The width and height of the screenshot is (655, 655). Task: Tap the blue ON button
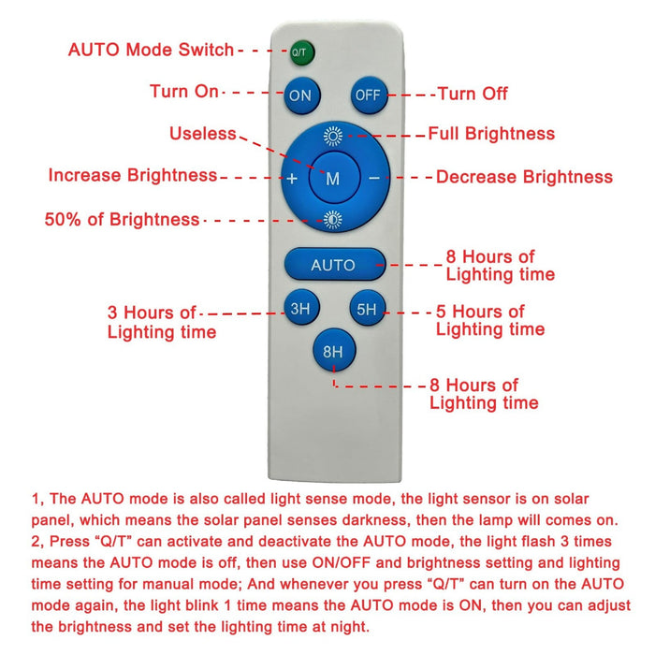[x=302, y=95]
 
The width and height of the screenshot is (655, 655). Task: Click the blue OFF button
[x=370, y=95]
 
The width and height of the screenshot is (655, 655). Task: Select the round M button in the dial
[x=334, y=177]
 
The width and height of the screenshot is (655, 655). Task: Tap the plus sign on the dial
[x=292, y=179]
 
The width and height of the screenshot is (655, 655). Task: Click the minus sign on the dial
[x=374, y=179]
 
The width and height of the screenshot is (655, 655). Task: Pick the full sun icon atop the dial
[x=333, y=136]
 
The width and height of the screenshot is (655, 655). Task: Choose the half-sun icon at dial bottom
[x=333, y=220]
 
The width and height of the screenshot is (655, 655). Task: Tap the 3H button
[x=301, y=308]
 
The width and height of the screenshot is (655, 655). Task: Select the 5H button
[x=367, y=308]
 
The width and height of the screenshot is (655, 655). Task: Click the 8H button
[x=334, y=350]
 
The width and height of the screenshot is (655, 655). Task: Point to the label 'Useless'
[x=203, y=134]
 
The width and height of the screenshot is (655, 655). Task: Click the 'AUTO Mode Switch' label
[x=151, y=50]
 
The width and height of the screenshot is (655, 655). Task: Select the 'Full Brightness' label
[x=491, y=134]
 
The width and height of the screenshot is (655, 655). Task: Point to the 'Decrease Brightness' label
[x=524, y=177]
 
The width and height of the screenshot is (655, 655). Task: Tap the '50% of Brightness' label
[x=122, y=219]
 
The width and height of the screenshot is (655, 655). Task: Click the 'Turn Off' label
[x=473, y=94]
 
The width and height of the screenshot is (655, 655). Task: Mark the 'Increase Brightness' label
[x=133, y=175]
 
